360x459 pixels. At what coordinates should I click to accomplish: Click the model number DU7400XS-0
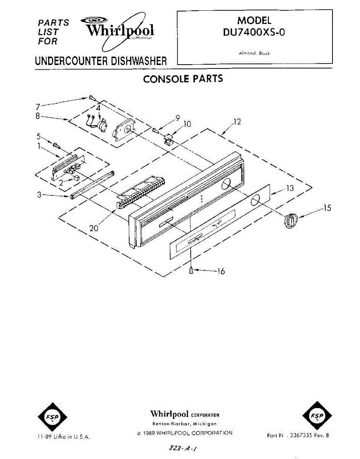pyautogui.click(x=254, y=33)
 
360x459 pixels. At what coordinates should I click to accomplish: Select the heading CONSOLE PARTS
pyautogui.click(x=183, y=79)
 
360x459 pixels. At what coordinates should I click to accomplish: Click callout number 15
pyautogui.click(x=327, y=208)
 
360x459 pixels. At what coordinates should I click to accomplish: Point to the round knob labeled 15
pyautogui.click(x=290, y=221)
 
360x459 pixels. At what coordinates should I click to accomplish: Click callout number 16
pyautogui.click(x=221, y=271)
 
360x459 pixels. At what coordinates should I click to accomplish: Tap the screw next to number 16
pyautogui.click(x=191, y=270)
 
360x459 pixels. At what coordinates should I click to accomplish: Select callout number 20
pyautogui.click(x=94, y=228)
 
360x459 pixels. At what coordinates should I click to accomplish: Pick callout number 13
pyautogui.click(x=290, y=188)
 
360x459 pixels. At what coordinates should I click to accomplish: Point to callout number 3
pyautogui.click(x=39, y=194)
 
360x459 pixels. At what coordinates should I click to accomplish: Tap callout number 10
pyautogui.click(x=187, y=124)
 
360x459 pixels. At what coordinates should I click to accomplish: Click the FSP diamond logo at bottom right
pyautogui.click(x=317, y=417)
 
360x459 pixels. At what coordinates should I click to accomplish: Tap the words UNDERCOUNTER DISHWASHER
pyautogui.click(x=101, y=61)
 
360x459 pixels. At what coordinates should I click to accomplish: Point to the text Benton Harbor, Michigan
pyautogui.click(x=185, y=424)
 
